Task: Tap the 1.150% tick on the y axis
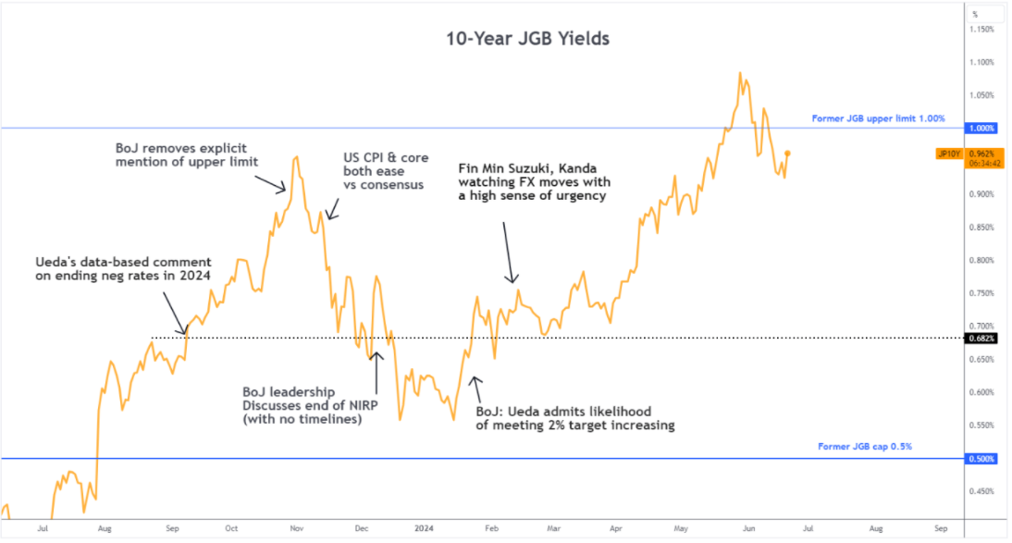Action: tap(981, 30)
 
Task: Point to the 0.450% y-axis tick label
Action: tap(981, 491)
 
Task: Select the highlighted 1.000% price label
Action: tap(981, 129)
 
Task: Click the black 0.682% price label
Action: tap(981, 338)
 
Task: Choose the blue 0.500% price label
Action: tap(981, 459)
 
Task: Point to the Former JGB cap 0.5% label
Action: tap(865, 447)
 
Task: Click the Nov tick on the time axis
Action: tap(297, 527)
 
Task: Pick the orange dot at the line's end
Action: tap(786, 153)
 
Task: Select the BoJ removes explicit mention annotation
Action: tap(186, 154)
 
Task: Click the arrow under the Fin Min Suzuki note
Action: tap(509, 251)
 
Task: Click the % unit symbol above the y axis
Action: tap(974, 13)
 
